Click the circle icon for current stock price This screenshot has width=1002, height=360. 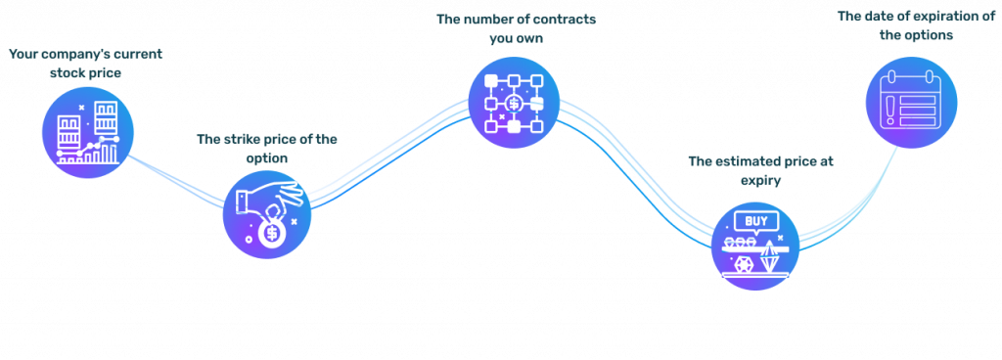click(x=87, y=132)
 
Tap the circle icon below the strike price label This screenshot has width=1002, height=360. click(x=266, y=214)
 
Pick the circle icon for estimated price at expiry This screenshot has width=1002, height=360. click(x=754, y=245)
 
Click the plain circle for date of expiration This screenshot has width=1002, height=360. click(x=911, y=103)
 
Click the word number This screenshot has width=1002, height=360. click(x=489, y=20)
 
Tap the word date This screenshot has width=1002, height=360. click(x=878, y=17)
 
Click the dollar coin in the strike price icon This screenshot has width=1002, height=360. click(x=272, y=234)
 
